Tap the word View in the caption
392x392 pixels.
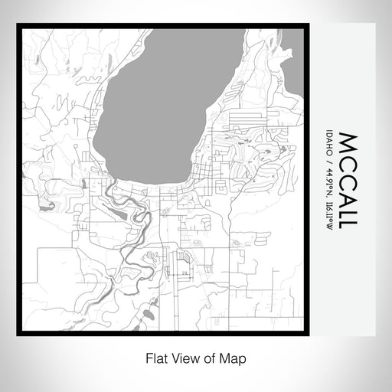pos(181,357)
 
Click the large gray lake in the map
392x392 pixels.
pos(153,107)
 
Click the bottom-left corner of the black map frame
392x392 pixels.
pos(18,335)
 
